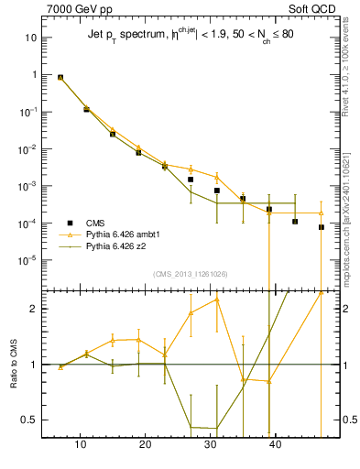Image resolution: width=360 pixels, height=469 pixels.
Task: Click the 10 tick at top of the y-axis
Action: click(32, 38)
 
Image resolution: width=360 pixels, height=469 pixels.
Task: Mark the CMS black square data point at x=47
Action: click(322, 227)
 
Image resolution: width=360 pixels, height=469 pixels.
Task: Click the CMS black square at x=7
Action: click(60, 78)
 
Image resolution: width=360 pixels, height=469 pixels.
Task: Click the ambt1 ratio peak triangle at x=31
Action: click(217, 300)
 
